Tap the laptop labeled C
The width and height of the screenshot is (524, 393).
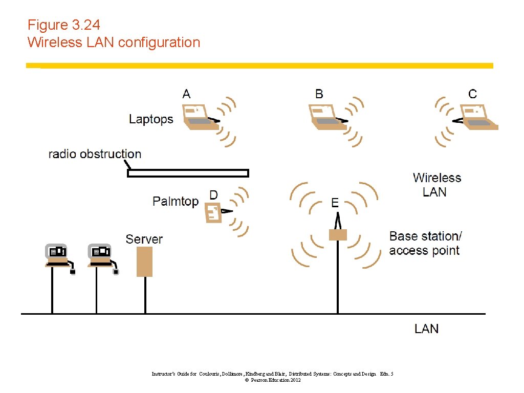point(478,116)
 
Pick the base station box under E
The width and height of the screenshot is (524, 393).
point(338,235)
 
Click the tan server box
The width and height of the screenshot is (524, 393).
point(145,261)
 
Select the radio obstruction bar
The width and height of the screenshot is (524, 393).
point(188,173)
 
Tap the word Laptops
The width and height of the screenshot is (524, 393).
point(151,119)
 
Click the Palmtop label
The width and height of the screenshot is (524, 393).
point(176,201)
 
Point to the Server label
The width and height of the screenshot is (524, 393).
point(144,239)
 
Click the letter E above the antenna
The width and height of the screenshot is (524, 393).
point(335,203)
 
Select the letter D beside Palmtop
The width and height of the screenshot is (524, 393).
point(213,195)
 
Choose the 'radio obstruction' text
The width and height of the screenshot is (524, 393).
point(95,154)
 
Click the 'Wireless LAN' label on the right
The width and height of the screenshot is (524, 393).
point(436,185)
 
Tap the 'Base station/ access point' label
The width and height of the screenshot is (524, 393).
point(425,243)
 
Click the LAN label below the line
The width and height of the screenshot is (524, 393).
point(426,329)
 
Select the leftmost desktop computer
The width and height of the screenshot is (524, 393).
point(57,256)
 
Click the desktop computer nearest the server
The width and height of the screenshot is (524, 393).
point(101,256)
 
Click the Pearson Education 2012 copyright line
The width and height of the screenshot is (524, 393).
point(273,380)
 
